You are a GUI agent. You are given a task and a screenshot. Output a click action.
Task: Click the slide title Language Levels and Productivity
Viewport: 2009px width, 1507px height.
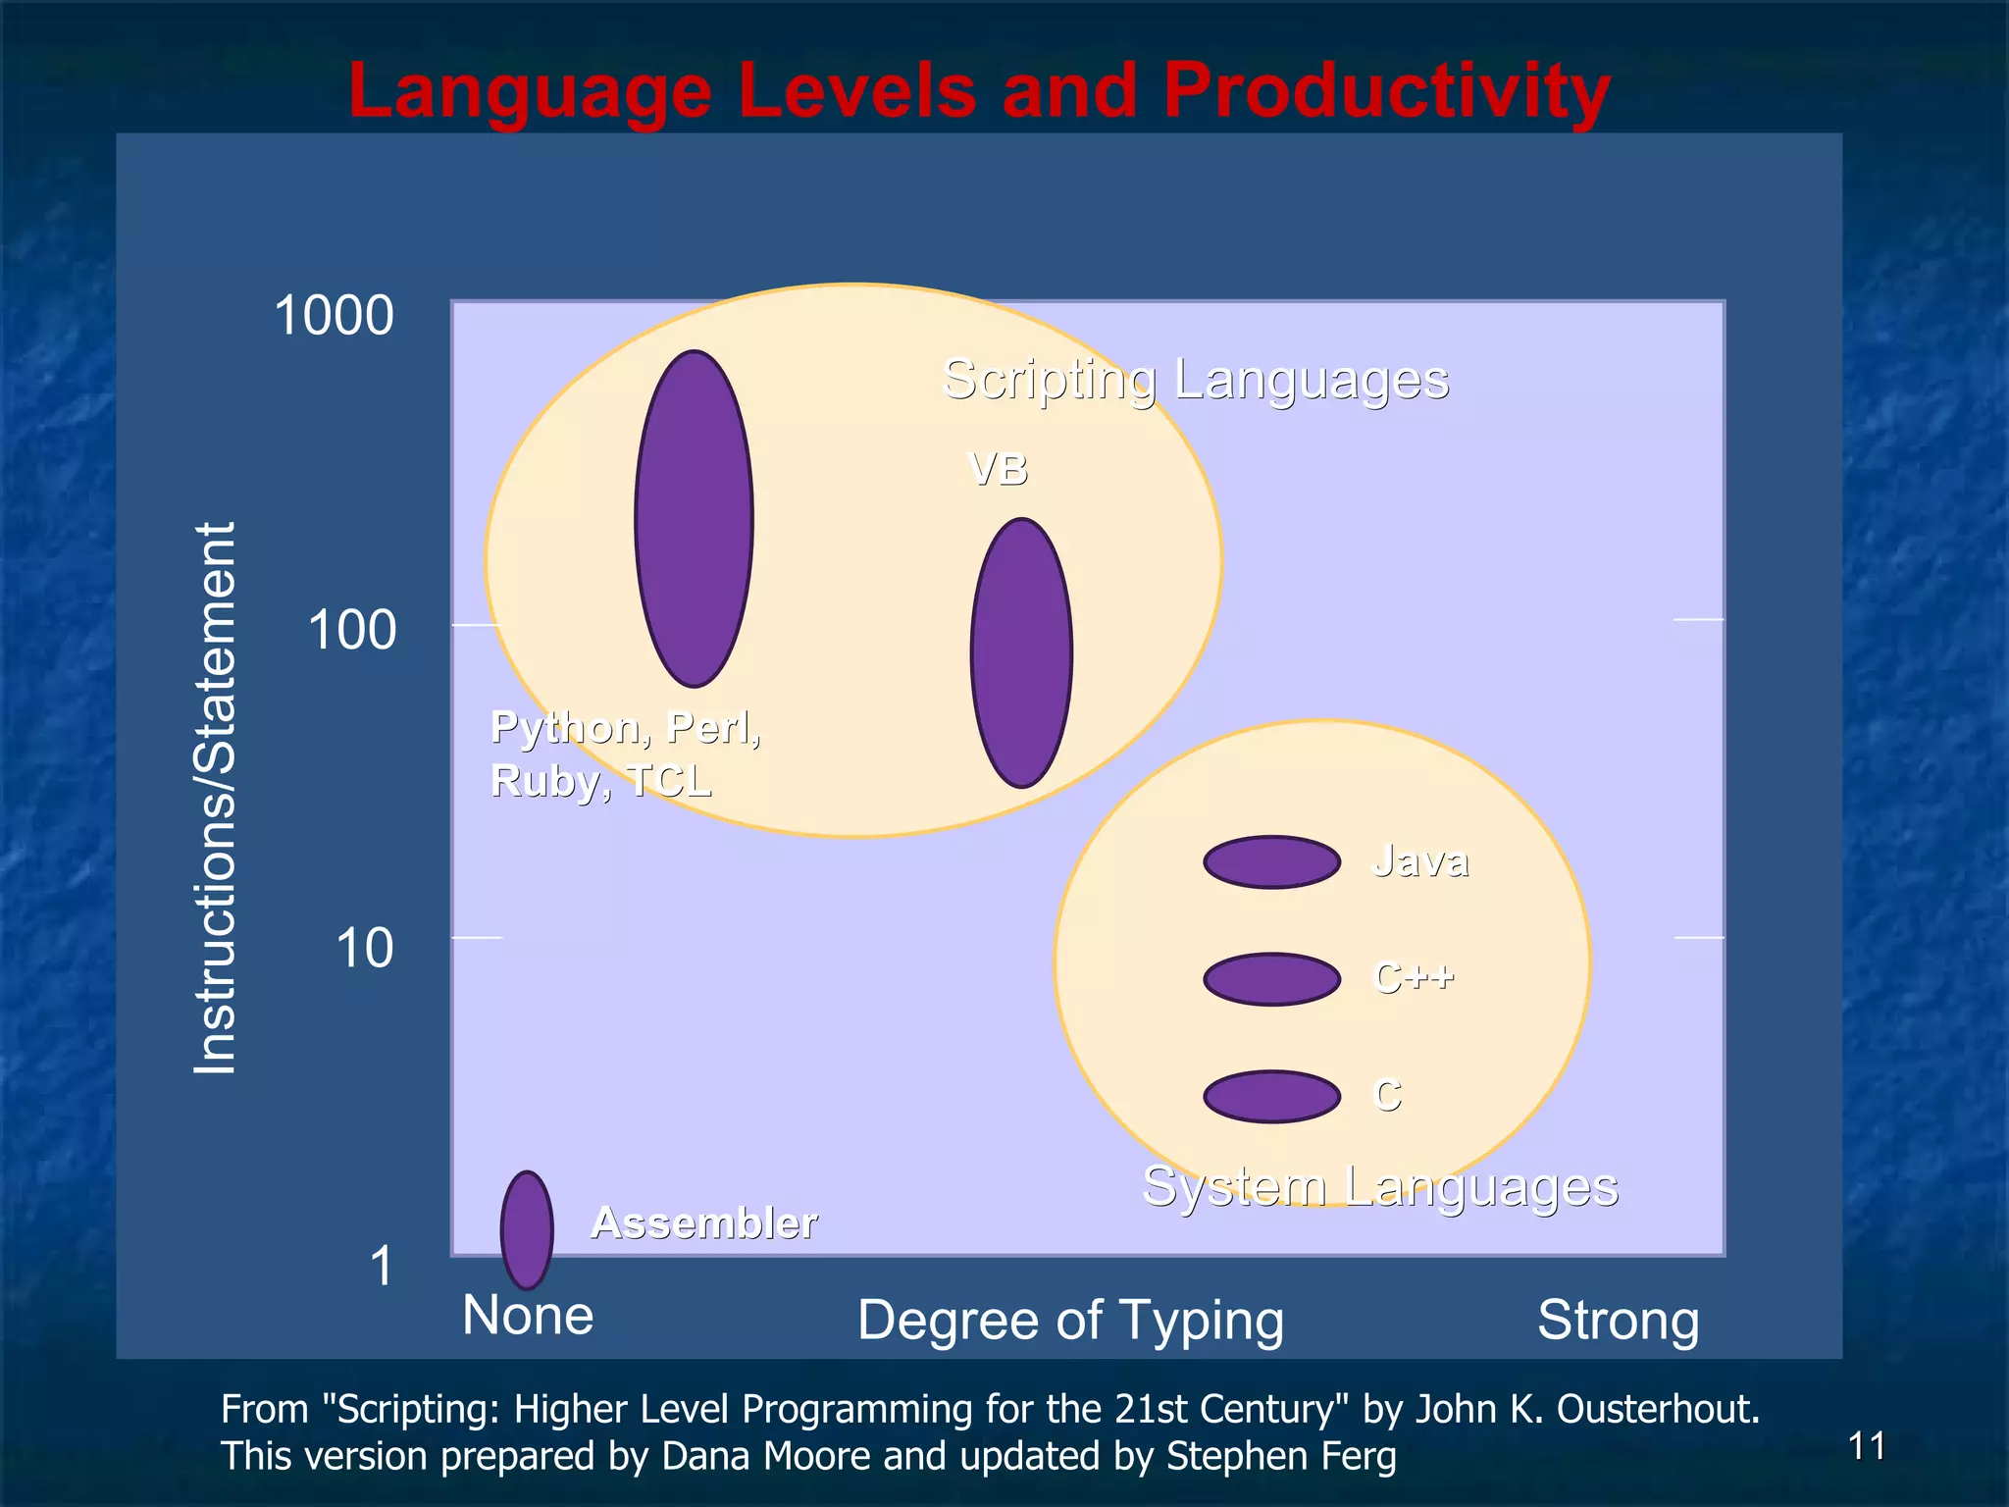tap(979, 90)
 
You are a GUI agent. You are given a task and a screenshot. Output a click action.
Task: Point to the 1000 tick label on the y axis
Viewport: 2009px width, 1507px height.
tap(334, 316)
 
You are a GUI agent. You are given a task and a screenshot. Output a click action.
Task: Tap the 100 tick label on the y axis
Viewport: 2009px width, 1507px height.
tap(351, 630)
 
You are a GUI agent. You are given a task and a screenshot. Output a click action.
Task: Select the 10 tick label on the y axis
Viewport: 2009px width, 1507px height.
tap(364, 949)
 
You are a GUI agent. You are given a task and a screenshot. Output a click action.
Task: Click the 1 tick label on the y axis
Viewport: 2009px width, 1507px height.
tap(381, 1266)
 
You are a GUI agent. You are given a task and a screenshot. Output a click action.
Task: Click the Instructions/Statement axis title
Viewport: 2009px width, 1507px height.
tap(215, 799)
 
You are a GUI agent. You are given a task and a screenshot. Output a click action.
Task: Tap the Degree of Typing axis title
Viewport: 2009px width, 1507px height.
tap(1070, 1320)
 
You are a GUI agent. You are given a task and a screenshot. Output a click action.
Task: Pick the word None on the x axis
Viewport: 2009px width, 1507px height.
tap(528, 1316)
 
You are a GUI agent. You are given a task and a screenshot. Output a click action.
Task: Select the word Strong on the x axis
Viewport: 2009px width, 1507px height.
tap(1618, 1320)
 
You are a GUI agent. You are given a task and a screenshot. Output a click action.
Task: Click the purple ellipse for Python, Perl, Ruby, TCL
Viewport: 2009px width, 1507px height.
tap(694, 518)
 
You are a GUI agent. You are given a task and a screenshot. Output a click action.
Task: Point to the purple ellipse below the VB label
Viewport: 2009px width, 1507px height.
tap(1021, 652)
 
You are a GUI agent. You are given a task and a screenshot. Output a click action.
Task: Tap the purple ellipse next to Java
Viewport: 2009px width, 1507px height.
tap(1271, 862)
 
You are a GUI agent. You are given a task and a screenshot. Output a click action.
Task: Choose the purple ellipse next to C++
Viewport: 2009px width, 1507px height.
tap(1271, 979)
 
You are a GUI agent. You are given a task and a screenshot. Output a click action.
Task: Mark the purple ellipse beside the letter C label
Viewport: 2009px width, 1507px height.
tap(1271, 1096)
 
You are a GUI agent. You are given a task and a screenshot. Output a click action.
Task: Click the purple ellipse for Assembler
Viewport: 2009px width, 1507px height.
tap(527, 1229)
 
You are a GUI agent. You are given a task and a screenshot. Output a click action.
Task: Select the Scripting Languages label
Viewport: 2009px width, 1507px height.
tap(1195, 380)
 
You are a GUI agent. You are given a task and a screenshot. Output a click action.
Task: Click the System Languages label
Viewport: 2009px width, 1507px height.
tap(1379, 1186)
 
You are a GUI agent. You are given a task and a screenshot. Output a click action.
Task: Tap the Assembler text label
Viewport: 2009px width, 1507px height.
tap(703, 1222)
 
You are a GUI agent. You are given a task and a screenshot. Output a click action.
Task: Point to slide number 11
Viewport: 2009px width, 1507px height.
tap(1866, 1446)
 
